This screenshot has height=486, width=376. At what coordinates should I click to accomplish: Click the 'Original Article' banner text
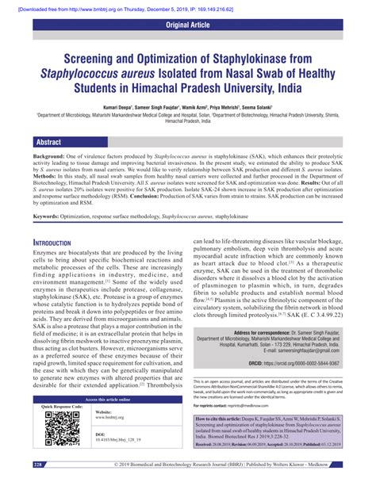[x=187, y=25]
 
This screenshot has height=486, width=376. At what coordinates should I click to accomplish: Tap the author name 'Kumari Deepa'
[x=117, y=105]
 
